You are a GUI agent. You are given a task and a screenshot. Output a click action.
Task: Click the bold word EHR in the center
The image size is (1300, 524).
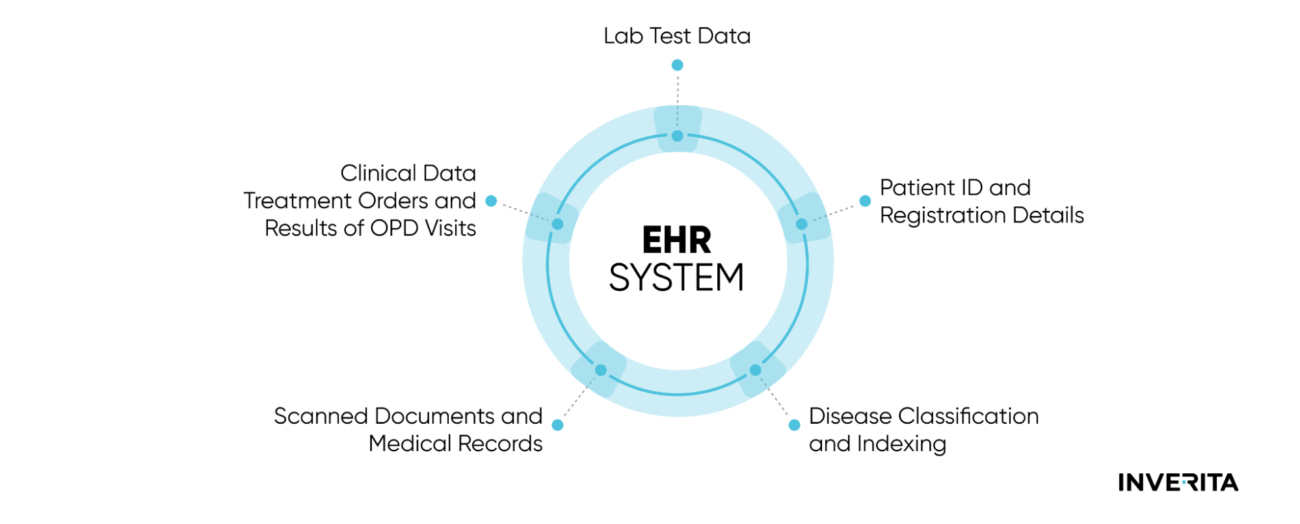[x=676, y=240]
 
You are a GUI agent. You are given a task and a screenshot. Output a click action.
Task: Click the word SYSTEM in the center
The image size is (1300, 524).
[x=676, y=278]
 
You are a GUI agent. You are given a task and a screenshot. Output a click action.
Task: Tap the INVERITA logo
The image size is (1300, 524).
[x=1178, y=482]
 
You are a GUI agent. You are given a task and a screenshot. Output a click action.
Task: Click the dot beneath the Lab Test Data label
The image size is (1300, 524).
[x=677, y=65]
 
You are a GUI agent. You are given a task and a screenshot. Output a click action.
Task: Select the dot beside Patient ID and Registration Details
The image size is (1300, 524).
[x=865, y=201]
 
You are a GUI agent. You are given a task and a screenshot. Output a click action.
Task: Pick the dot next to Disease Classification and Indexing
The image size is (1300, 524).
[x=794, y=425]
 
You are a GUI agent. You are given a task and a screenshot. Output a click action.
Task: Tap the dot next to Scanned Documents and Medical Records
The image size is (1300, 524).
[x=557, y=425]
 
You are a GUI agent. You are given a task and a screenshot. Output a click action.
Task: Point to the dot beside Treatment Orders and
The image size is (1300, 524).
[x=492, y=201]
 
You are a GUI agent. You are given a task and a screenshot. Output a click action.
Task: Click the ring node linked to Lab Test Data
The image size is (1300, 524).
[x=677, y=136]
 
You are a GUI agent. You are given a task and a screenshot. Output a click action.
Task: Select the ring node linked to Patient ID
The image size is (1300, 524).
[x=801, y=224]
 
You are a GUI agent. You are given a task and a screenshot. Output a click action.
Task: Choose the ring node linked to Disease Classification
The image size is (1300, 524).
[x=755, y=370]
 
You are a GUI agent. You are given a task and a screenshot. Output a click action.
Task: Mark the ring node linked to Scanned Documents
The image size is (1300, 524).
[x=601, y=370]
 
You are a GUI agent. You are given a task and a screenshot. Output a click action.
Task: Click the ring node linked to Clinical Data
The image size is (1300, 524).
[x=557, y=224]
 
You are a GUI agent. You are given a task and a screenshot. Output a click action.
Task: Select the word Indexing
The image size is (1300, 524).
[x=901, y=444]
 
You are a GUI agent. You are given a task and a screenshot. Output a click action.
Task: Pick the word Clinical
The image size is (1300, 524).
[x=378, y=173]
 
